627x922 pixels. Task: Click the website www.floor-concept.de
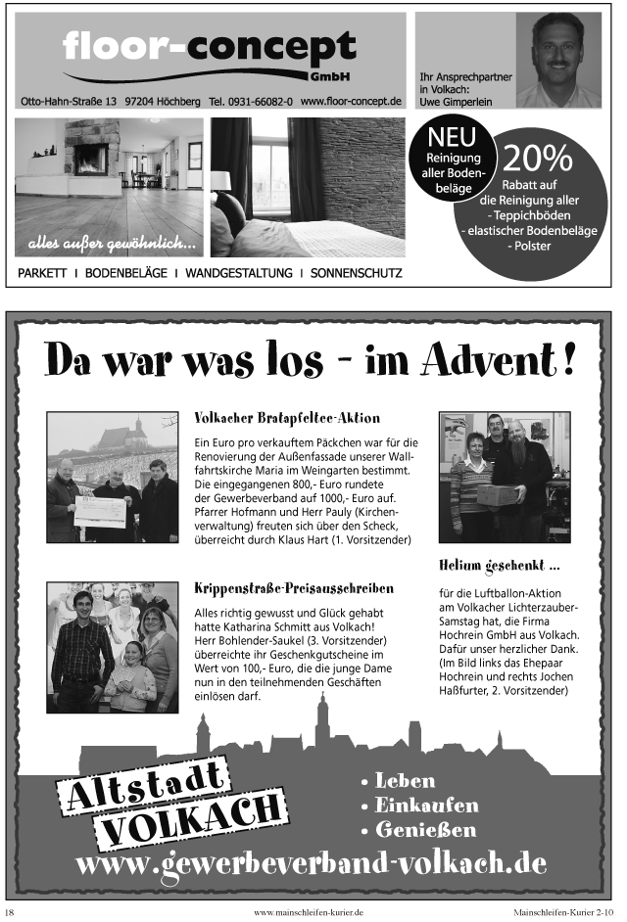[352, 102]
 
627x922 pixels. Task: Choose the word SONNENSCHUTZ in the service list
[356, 272]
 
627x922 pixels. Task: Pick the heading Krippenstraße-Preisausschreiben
[280, 588]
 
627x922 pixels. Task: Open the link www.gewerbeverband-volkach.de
[311, 864]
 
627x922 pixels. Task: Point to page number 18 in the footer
[10, 911]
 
